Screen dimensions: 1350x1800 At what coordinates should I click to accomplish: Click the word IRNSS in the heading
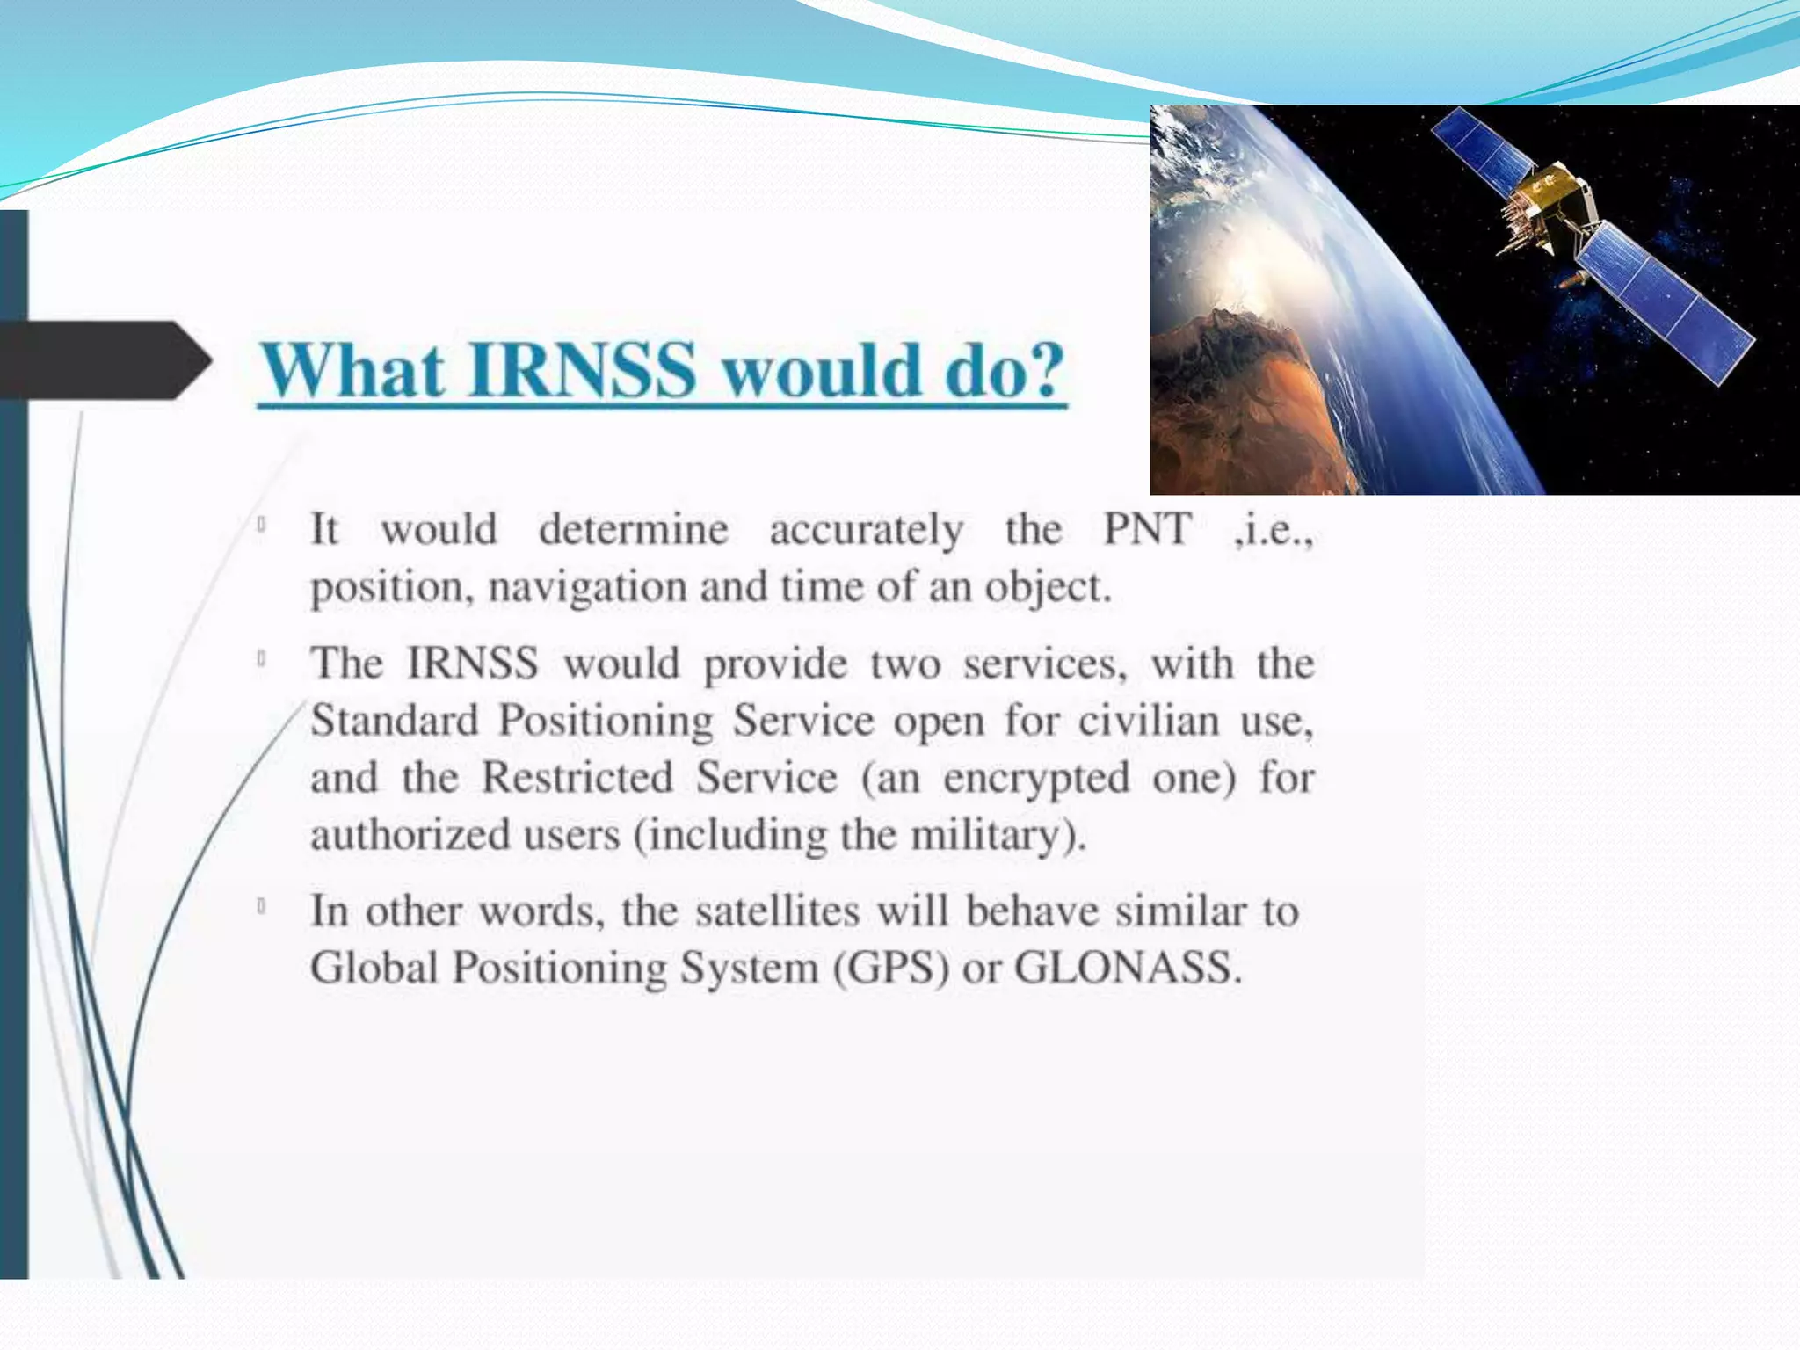[x=583, y=370]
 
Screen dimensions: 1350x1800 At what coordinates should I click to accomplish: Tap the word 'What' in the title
[x=352, y=370]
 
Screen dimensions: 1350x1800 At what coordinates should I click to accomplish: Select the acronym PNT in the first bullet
[x=1147, y=529]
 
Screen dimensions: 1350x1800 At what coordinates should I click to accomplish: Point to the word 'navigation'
[x=587, y=587]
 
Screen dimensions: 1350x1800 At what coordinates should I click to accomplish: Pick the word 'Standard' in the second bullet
[x=395, y=721]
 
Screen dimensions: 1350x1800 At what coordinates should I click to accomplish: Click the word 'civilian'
[x=1149, y=721]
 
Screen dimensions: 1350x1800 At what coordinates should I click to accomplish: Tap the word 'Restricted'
[x=577, y=778]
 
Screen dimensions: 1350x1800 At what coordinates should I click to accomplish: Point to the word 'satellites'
[x=777, y=911]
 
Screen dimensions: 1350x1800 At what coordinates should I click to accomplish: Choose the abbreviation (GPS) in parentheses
[x=892, y=969]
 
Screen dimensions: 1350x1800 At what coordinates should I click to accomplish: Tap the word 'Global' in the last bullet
[x=374, y=968]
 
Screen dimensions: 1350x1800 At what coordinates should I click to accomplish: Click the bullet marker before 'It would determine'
[x=262, y=526]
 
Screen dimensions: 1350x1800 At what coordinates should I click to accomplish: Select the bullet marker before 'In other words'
[x=262, y=906]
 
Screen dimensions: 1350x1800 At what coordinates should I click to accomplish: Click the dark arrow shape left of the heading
[x=105, y=360]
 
